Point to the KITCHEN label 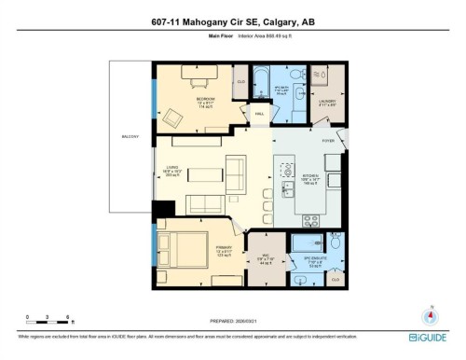(310, 178)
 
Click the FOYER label (327, 142)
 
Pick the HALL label (261, 114)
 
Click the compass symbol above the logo (431, 315)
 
